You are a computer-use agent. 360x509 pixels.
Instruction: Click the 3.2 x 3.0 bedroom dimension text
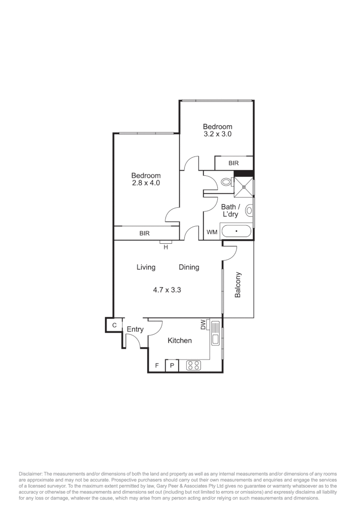tap(217, 134)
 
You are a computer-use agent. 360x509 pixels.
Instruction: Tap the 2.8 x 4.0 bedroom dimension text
tap(146, 183)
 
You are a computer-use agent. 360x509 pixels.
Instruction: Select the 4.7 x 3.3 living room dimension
tap(167, 290)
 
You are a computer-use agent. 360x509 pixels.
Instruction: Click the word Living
tap(146, 267)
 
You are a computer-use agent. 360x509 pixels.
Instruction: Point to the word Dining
tap(188, 267)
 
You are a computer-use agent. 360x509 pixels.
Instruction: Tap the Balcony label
tap(238, 285)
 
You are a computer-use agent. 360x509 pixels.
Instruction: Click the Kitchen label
tap(180, 340)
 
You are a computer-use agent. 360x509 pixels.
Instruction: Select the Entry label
tap(135, 329)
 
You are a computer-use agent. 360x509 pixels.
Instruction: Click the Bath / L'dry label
tap(230, 210)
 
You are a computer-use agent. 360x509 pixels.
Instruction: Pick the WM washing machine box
tap(212, 232)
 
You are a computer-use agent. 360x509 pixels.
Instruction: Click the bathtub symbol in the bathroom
tap(237, 232)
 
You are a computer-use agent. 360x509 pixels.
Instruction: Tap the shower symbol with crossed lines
tap(244, 187)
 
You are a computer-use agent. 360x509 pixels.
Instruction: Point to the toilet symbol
tap(226, 181)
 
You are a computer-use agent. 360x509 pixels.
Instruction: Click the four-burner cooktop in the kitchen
tap(194, 365)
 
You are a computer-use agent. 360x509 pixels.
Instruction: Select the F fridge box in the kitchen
tap(156, 366)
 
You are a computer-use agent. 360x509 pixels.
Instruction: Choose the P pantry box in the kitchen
tap(172, 366)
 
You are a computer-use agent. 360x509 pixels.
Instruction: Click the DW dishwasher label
tap(203, 325)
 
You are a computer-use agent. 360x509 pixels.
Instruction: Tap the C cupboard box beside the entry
tap(114, 325)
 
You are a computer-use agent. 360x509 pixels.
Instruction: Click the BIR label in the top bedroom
tap(234, 163)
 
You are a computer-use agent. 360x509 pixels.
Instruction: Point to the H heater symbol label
tap(165, 246)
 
